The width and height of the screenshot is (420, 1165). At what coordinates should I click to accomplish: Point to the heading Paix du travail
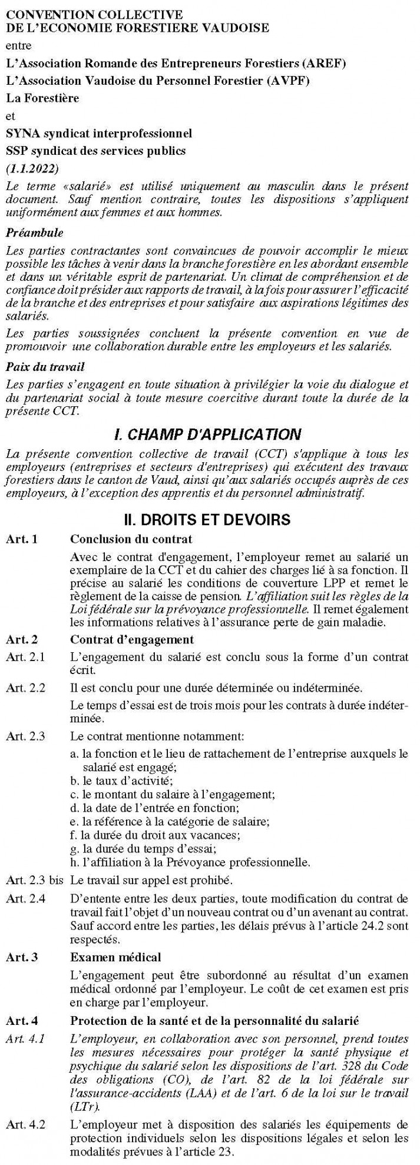(x=45, y=367)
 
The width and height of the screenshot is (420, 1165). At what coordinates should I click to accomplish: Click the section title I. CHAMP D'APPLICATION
(x=207, y=435)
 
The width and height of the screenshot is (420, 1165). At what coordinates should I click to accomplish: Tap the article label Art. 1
(x=22, y=539)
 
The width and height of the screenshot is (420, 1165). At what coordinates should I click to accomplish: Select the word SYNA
(x=21, y=134)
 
